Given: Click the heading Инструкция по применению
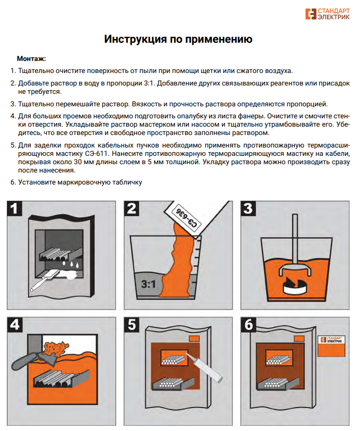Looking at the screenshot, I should point(178,40).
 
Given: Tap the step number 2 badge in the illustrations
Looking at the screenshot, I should point(131,209).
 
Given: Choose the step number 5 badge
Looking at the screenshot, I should point(131,324).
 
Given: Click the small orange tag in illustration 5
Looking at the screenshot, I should point(194,339).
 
